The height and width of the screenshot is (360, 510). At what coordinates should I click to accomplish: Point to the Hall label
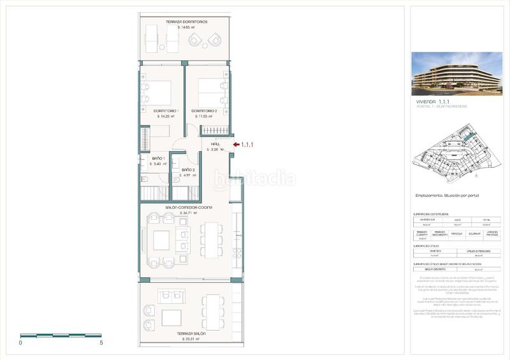(215, 144)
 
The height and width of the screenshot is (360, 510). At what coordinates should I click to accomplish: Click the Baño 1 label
(159, 158)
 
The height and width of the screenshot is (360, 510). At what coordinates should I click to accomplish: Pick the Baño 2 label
(188, 169)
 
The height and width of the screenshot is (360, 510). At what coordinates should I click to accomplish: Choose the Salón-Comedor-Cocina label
(189, 208)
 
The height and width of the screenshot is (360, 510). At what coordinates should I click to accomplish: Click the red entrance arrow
(236, 145)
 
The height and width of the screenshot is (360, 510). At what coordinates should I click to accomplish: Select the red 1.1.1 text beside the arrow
(247, 145)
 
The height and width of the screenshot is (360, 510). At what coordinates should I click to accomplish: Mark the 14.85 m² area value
(189, 27)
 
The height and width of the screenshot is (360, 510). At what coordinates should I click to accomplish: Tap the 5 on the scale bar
(101, 343)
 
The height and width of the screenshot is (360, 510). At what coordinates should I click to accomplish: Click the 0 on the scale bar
(20, 343)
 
